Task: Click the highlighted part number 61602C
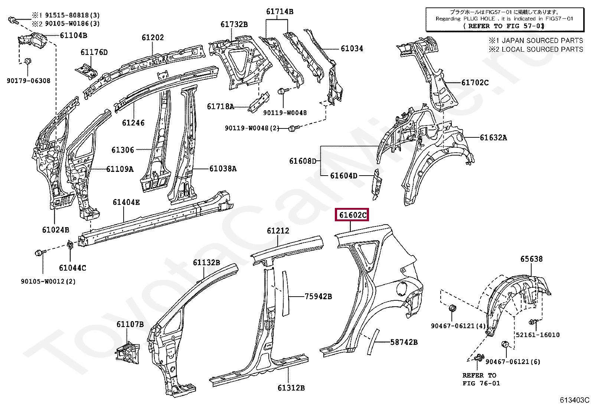click(352, 215)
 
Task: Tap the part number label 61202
click(152, 37)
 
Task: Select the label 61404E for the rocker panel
click(126, 202)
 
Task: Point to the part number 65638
click(531, 259)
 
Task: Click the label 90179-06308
click(28, 81)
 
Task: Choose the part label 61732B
click(234, 25)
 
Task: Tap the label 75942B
click(318, 296)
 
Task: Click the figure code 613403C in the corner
click(575, 400)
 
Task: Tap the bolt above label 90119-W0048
click(281, 91)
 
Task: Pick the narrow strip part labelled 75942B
click(284, 293)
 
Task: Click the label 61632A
click(493, 138)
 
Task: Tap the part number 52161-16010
click(537, 334)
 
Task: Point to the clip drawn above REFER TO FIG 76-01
click(479, 358)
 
